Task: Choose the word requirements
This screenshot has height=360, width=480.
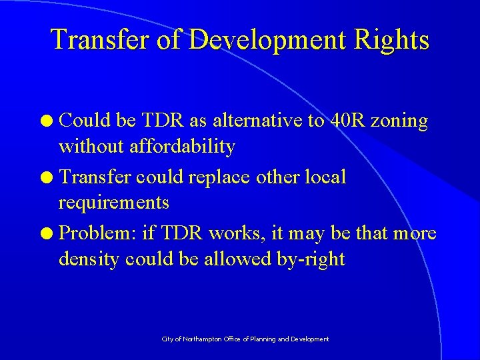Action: tap(114, 202)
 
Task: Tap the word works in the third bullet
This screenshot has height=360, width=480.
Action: tap(237, 233)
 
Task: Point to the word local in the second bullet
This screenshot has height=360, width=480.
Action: tap(325, 177)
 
